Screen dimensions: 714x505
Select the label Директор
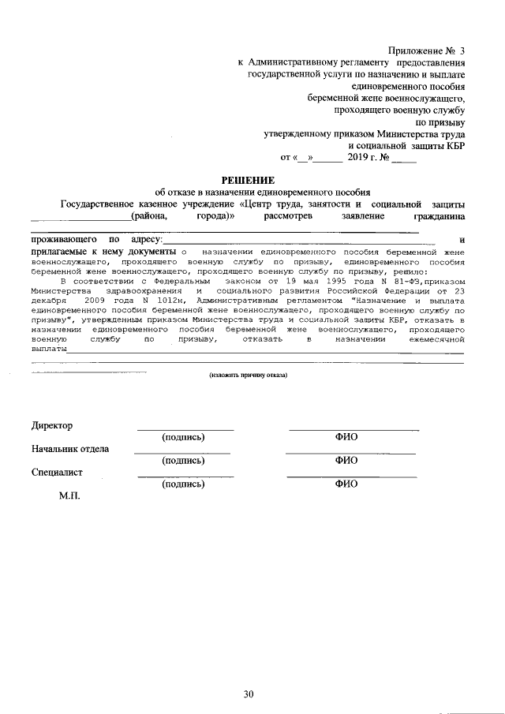52,425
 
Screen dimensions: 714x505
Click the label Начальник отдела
70,449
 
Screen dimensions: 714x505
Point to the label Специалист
57,473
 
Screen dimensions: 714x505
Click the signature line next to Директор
185,430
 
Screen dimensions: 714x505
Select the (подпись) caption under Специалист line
183,484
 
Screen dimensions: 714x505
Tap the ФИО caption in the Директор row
346,436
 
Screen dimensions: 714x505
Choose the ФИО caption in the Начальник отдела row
346,460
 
